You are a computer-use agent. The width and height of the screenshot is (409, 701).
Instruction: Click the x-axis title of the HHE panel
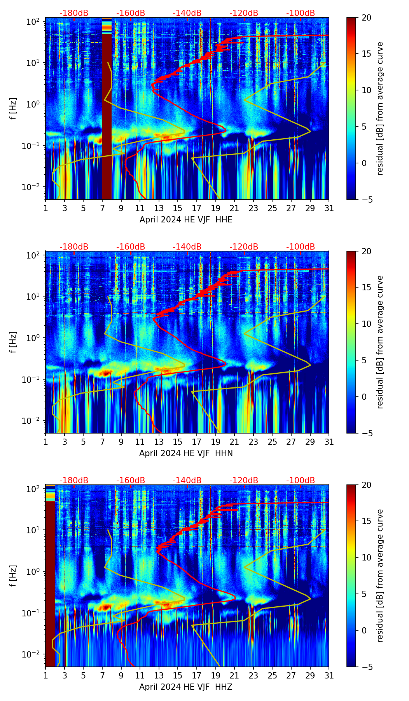[186, 220]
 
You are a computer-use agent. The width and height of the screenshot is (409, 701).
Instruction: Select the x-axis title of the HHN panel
[186, 453]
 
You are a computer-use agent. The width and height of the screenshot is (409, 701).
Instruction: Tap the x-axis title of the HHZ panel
[186, 687]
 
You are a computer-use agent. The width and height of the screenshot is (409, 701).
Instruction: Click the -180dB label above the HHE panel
[74, 13]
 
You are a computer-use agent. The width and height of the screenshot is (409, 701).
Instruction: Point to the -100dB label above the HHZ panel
[301, 481]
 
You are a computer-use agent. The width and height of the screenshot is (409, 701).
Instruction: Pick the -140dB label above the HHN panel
[187, 247]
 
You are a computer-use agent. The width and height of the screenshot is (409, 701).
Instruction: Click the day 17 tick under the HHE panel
[197, 208]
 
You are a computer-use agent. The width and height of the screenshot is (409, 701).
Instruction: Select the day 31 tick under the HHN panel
[329, 442]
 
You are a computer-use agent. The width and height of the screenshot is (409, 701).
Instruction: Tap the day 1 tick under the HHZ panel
[45, 675]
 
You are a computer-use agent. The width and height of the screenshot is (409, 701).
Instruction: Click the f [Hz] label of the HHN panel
[13, 342]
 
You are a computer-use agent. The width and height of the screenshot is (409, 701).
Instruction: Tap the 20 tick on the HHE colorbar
[366, 17]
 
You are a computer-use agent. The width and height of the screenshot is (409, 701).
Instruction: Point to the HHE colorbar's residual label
[380, 108]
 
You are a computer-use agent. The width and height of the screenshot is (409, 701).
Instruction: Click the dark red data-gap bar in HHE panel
[107, 116]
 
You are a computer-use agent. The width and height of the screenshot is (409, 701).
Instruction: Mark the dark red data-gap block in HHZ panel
[50, 582]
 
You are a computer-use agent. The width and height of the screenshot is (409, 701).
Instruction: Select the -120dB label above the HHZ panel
[244, 481]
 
